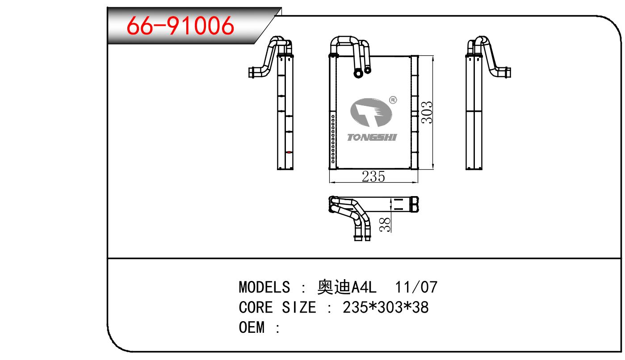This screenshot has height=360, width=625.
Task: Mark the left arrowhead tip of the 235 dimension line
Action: click(330, 183)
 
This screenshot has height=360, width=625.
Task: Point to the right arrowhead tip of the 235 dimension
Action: click(418, 183)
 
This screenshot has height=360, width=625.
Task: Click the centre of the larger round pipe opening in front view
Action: click(358, 74)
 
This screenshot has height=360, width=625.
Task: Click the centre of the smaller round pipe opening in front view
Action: click(368, 70)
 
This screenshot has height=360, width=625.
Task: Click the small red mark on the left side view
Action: click(289, 152)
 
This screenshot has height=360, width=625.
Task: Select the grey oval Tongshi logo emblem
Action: click(371, 113)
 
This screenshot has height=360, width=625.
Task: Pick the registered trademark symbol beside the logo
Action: click(393, 100)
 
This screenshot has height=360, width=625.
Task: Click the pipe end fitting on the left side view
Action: click(252, 72)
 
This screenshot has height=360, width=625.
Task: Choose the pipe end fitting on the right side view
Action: click(508, 72)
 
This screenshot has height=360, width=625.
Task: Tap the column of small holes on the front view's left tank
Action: click(333, 138)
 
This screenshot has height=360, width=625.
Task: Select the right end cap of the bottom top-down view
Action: click(414, 204)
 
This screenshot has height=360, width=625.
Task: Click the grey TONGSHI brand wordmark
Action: click(372, 138)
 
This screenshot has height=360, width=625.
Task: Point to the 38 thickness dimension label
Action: click(385, 225)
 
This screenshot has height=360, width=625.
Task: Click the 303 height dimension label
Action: click(427, 113)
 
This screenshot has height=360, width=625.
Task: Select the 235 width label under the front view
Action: click(373, 176)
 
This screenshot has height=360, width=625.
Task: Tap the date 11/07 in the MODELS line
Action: click(416, 287)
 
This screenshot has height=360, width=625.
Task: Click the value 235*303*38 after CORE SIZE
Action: click(386, 307)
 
